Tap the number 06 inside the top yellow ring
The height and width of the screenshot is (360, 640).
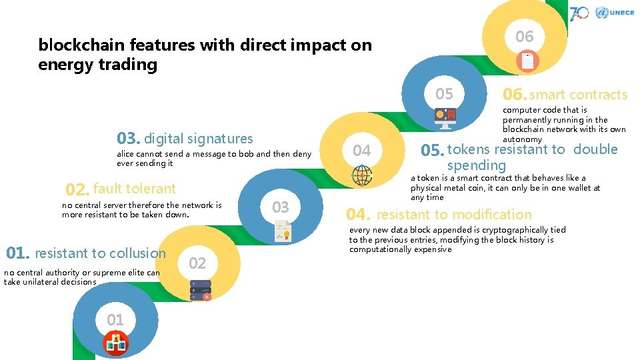point(525,37)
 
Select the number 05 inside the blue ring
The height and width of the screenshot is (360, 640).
point(444,94)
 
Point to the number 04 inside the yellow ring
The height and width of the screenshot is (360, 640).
point(362,151)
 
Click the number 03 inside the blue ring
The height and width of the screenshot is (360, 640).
point(281,207)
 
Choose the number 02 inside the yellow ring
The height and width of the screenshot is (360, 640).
point(197,263)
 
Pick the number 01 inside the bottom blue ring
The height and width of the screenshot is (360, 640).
point(115,320)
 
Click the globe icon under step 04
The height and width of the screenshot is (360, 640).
point(362,175)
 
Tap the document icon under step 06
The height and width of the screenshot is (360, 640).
point(527,62)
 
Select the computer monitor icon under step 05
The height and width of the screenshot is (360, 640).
point(445,118)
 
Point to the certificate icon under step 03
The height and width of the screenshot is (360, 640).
point(282,231)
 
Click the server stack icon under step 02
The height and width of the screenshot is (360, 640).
point(200,288)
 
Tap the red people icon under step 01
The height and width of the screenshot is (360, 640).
point(116,344)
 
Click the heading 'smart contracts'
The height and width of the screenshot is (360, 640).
point(578,95)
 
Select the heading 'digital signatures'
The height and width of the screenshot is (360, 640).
point(198,139)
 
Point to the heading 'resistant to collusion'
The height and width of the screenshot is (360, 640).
point(100,253)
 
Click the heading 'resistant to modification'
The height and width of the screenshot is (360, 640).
point(454,215)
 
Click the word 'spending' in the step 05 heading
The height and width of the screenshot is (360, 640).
point(476,165)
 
